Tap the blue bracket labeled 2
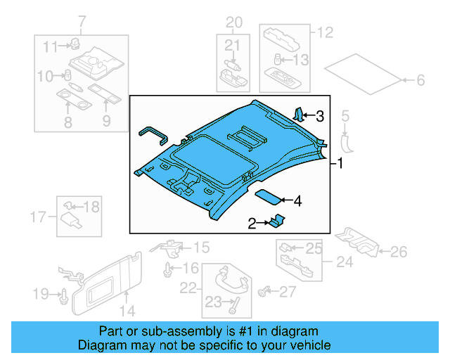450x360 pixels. click(x=276, y=221)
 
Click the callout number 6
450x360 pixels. click(x=420, y=81)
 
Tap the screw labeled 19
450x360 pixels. click(x=63, y=295)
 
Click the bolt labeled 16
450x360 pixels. click(x=169, y=269)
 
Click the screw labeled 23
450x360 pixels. click(x=233, y=306)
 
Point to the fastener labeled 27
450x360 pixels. click(x=265, y=290)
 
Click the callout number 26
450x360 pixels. click(x=399, y=251)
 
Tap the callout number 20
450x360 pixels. click(x=233, y=23)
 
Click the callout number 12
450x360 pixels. click(x=324, y=32)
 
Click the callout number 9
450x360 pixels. click(x=106, y=122)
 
